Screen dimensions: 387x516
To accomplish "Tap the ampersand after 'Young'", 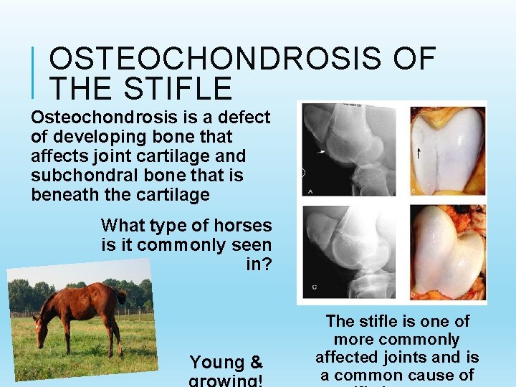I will point(257,362).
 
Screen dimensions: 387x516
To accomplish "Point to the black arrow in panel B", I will point(420,151).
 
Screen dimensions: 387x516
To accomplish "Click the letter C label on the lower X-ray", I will point(314,287).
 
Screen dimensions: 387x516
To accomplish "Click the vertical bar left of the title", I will point(35,72).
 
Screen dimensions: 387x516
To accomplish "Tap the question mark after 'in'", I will point(267,264).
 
